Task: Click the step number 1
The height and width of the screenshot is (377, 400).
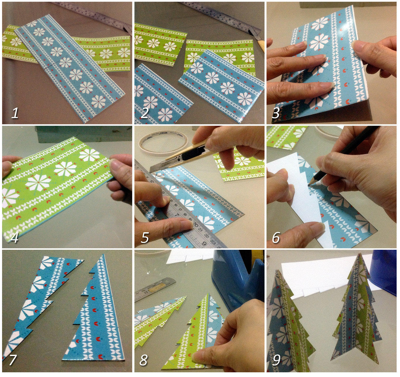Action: coord(15,113)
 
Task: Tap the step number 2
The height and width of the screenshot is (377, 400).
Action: coord(145,113)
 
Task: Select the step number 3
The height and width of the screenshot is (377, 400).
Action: coord(276,113)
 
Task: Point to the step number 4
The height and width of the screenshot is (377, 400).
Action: coord(14,237)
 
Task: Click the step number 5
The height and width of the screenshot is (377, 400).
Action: coord(145,237)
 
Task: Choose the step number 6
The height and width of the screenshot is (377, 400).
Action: coord(276,237)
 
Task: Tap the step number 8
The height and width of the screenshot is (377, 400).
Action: coord(144,360)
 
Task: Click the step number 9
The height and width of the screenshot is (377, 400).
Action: coord(276,360)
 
